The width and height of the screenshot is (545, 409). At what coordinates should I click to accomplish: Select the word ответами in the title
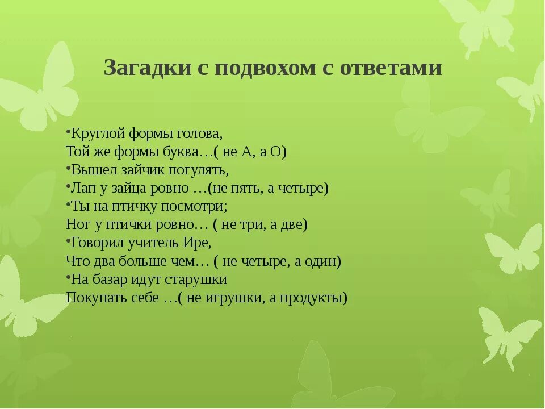coord(391,68)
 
